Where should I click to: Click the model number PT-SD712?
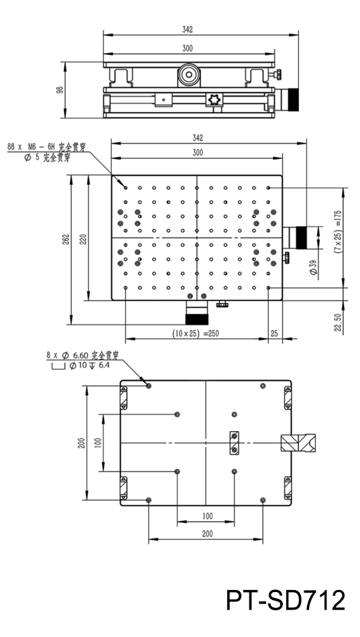pyautogui.click(x=285, y=600)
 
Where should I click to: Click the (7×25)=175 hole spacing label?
pyautogui.click(x=337, y=231)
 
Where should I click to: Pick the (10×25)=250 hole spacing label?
pyautogui.click(x=195, y=333)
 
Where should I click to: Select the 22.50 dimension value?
pyautogui.click(x=338, y=322)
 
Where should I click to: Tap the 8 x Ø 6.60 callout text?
pyautogui.click(x=82, y=355)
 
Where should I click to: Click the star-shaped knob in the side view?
pyautogui.click(x=214, y=99)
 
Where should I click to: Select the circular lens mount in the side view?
pyautogui.click(x=189, y=74)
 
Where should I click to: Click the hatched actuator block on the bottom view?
pyautogui.click(x=298, y=443)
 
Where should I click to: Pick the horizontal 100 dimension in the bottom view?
pyautogui.click(x=207, y=516)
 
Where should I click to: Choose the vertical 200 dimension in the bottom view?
pyautogui.click(x=81, y=443)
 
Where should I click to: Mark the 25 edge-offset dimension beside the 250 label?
pyautogui.click(x=274, y=333)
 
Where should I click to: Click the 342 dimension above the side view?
pyautogui.click(x=187, y=30)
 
